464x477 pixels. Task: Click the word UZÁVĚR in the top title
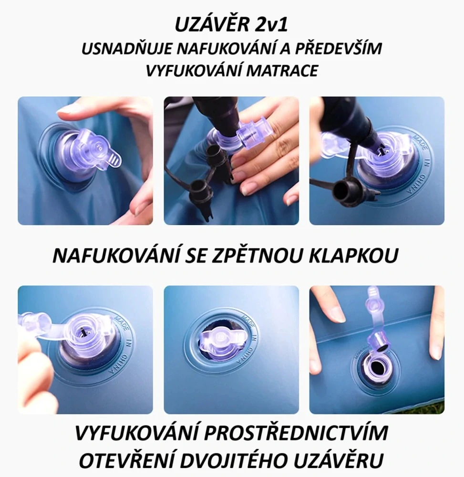point(208,25)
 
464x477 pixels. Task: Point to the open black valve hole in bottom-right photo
point(376,368)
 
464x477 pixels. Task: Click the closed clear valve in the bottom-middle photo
point(224,342)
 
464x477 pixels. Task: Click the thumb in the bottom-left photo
point(36,367)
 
